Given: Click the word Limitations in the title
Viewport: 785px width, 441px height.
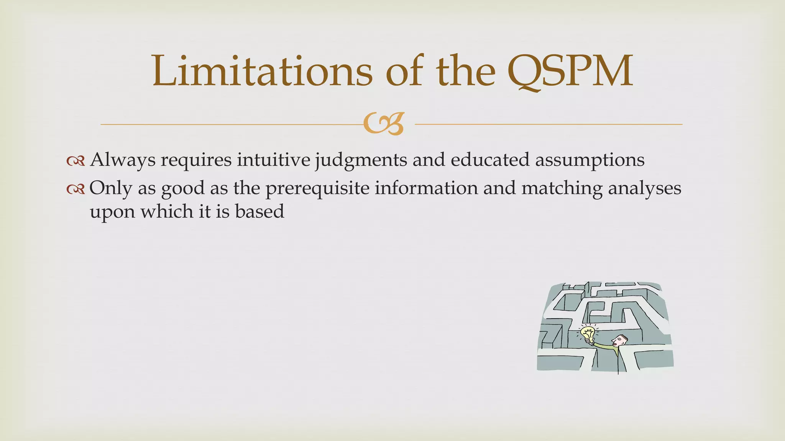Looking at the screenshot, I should (262, 71).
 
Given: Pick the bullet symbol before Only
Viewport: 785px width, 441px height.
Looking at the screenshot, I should (75, 189).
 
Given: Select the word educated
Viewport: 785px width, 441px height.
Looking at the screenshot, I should (490, 159).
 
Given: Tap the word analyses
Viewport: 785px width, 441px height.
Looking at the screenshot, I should (645, 189).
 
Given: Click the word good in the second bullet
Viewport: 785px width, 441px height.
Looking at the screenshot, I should (183, 189).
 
